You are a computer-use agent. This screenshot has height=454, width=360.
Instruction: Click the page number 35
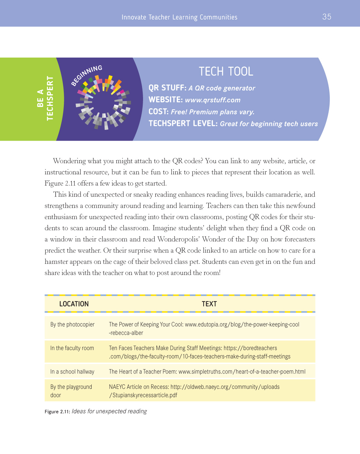[x=327, y=17]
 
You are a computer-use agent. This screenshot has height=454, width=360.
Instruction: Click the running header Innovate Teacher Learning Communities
[x=179, y=17]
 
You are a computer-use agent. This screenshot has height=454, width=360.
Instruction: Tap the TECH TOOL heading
[x=226, y=71]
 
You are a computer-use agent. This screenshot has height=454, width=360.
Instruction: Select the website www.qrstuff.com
[x=213, y=100]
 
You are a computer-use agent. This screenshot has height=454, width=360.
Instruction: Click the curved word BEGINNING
[x=87, y=75]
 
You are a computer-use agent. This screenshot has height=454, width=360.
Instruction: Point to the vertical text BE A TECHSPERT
[x=45, y=98]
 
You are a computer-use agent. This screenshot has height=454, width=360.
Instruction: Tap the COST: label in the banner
[x=159, y=112]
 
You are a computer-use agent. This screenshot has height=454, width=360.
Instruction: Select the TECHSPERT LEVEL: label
[x=183, y=124]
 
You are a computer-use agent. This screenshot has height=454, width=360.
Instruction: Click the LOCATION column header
[x=74, y=304]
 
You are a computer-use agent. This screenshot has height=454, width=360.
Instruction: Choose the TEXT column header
[x=209, y=304]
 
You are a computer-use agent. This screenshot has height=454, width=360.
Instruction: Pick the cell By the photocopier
[x=72, y=324]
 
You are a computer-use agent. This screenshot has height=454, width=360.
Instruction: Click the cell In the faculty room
[x=72, y=348]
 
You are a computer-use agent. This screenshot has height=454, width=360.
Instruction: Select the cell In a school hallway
[x=72, y=372]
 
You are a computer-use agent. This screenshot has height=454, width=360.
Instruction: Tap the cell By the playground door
[x=71, y=391]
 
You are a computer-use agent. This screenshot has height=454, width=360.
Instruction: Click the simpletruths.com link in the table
[x=242, y=372]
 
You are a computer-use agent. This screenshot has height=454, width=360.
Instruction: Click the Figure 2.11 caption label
[x=57, y=411]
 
